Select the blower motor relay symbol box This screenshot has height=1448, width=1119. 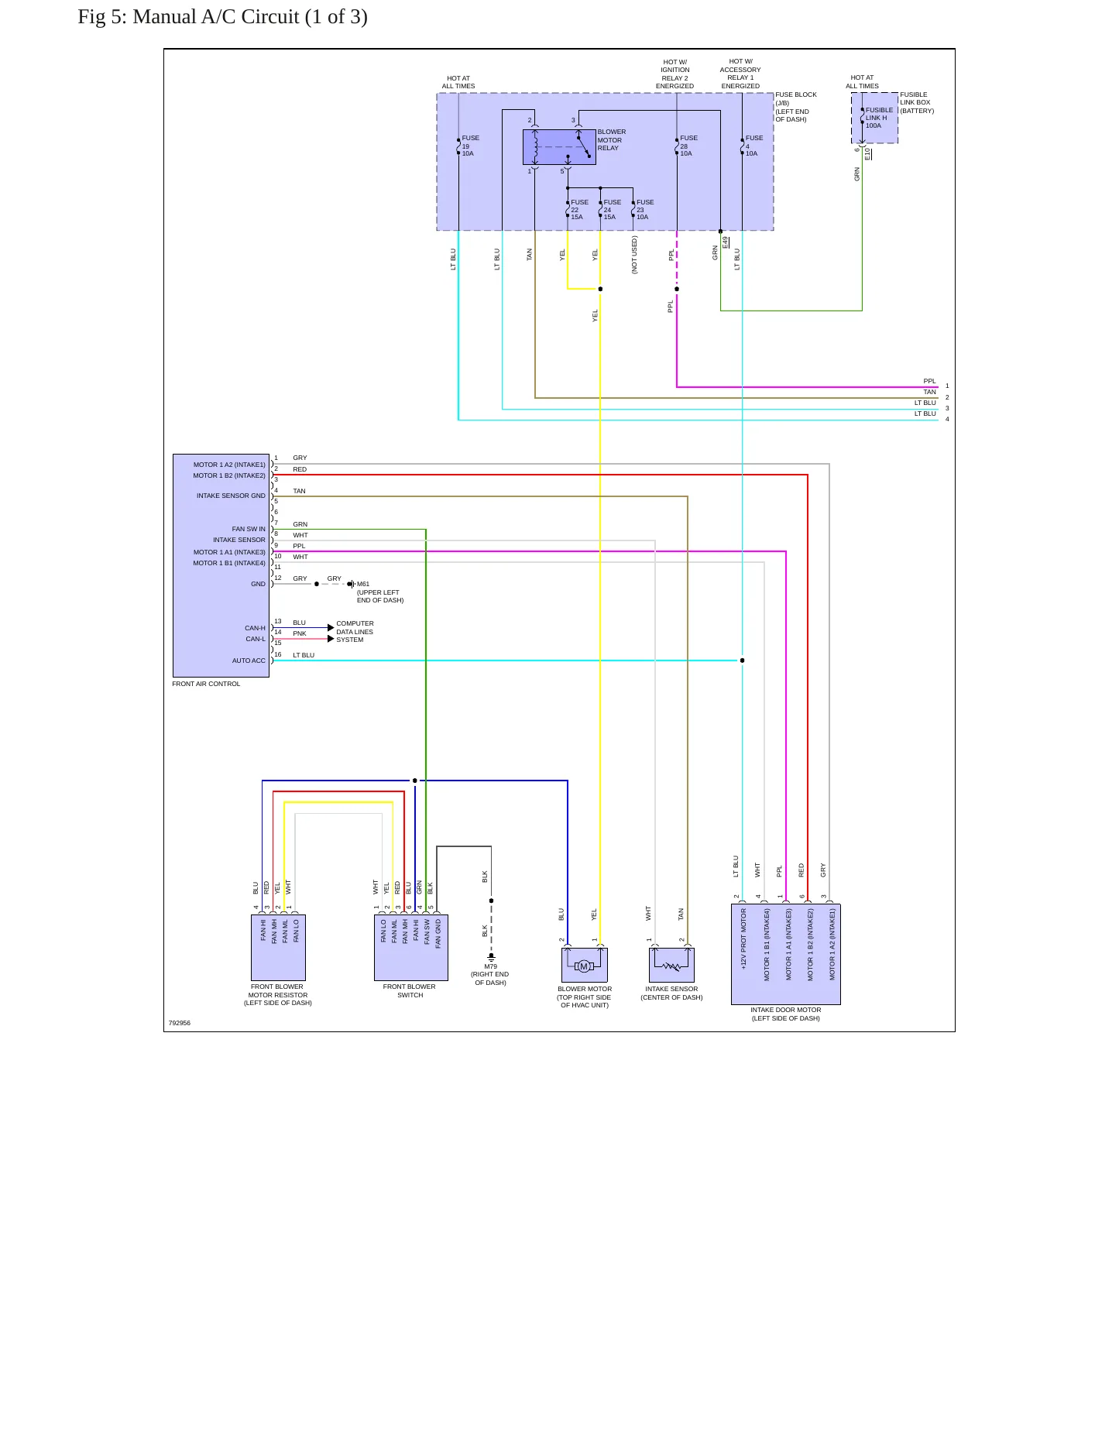(x=559, y=147)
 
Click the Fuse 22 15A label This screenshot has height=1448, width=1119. (x=579, y=210)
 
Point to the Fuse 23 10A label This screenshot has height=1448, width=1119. (x=645, y=210)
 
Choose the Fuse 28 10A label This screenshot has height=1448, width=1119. (x=688, y=146)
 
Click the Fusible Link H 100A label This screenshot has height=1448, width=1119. (x=879, y=118)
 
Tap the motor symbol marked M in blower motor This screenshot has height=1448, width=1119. (x=584, y=966)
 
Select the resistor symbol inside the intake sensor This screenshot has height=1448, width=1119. (x=671, y=966)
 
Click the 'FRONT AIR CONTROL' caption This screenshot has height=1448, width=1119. (x=206, y=684)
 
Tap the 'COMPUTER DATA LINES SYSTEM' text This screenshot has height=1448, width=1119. (x=355, y=632)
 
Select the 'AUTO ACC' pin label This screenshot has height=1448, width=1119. (x=249, y=661)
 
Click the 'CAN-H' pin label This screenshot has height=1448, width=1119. (x=255, y=628)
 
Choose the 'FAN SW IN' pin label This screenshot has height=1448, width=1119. (x=249, y=529)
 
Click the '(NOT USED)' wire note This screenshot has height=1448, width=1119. (x=634, y=255)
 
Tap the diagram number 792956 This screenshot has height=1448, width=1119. (x=180, y=1023)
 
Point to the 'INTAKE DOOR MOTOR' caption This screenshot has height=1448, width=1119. (x=785, y=1010)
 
